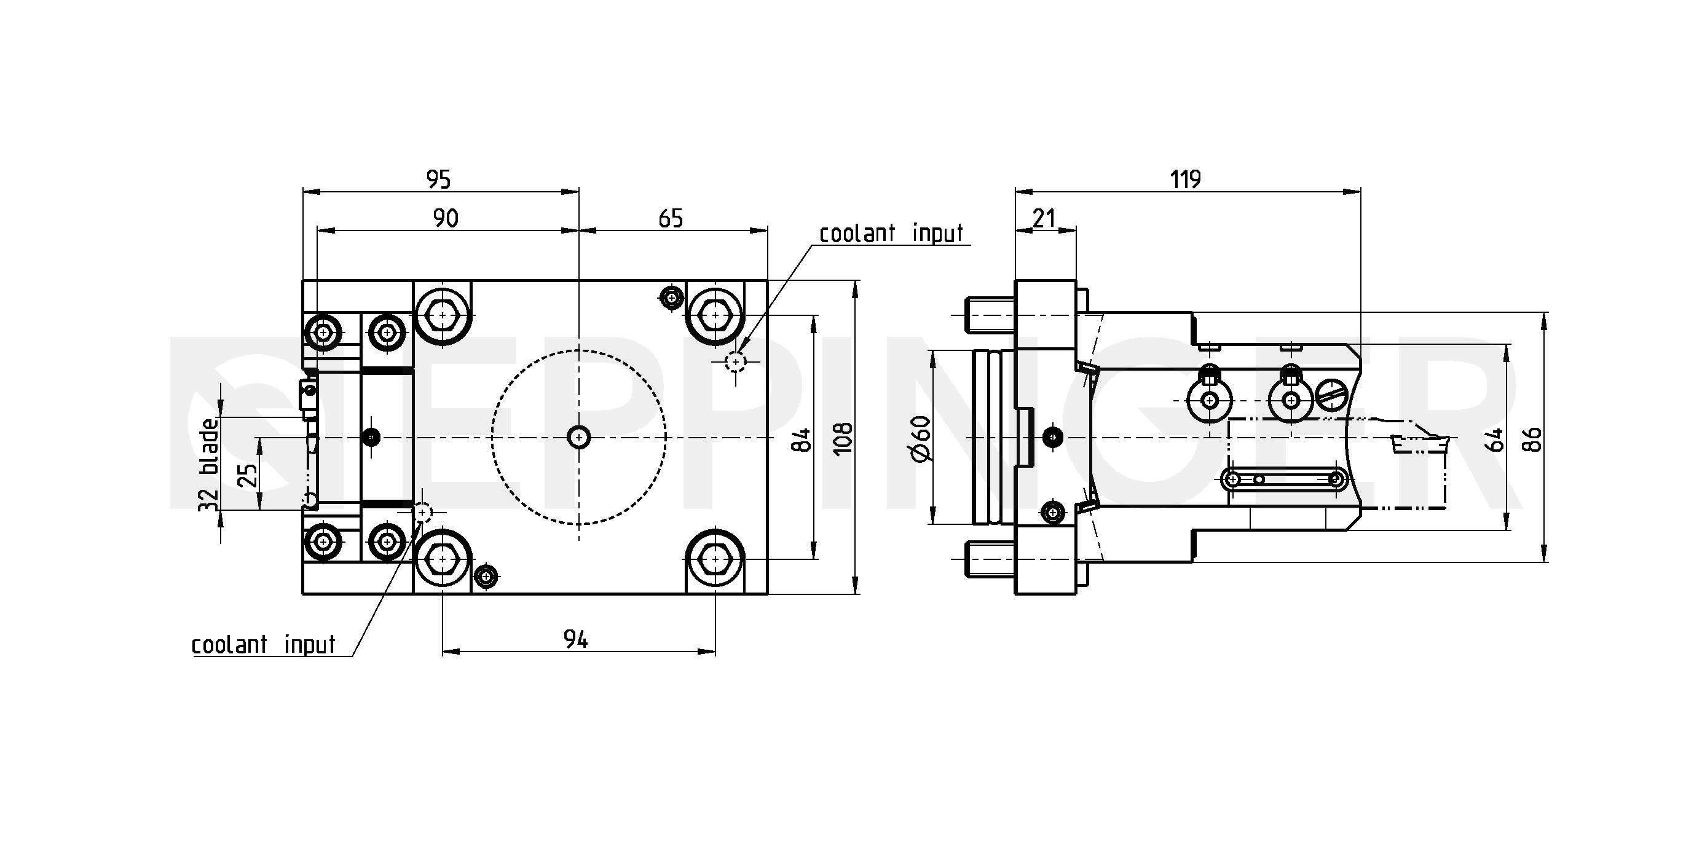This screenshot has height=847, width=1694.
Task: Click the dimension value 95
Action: coord(439,179)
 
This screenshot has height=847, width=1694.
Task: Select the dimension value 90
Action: coord(445,218)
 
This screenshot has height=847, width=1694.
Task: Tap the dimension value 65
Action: coord(670,218)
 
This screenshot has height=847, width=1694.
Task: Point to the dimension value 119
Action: coord(1185,179)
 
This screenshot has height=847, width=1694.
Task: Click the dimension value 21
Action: coord(1044,218)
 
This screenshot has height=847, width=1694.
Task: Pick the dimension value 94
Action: coord(575,639)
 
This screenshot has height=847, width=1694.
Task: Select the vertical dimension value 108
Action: coord(843,437)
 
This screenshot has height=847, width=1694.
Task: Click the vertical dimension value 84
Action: coord(802,439)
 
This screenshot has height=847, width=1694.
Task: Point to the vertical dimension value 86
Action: coord(1532,439)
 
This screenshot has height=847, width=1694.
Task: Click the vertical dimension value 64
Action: coord(1495,439)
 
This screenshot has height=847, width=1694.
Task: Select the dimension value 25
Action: coord(247,475)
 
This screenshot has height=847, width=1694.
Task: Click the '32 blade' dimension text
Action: coord(209,464)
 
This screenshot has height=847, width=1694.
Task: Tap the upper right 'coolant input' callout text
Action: coord(891,234)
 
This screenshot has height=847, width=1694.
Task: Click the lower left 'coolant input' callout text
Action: coord(264,644)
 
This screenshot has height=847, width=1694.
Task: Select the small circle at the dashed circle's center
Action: coord(578,436)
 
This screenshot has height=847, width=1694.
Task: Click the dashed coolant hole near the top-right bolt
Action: coord(735,361)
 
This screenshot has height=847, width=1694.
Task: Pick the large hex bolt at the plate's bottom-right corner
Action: coord(715,559)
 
